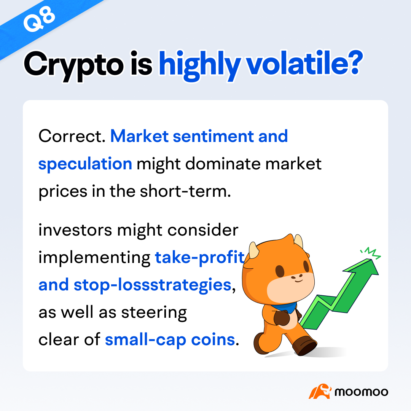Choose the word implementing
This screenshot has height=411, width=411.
(x=94, y=258)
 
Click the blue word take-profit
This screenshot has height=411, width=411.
(x=199, y=258)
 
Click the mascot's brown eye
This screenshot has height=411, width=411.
(x=280, y=271)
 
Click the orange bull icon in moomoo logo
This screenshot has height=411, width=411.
(x=319, y=391)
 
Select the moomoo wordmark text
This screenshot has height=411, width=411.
(x=361, y=392)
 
